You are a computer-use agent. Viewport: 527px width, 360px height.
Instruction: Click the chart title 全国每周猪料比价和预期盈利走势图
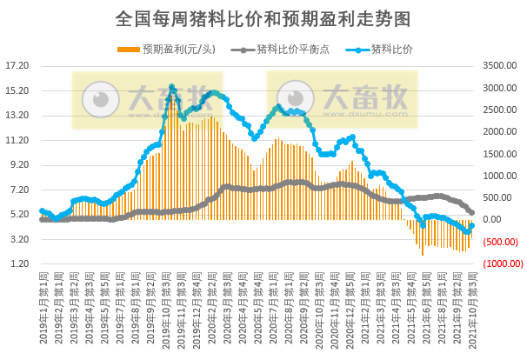(263, 17)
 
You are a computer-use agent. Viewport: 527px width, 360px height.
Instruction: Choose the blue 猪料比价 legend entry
(384, 49)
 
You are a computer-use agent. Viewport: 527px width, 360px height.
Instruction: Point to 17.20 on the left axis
(17, 65)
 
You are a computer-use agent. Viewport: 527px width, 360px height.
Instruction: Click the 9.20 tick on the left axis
(17, 164)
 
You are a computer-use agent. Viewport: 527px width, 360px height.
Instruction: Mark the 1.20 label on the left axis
(17, 263)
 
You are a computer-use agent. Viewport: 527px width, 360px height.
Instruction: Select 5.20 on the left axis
(17, 214)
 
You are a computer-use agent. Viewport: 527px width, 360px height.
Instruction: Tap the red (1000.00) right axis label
(503, 263)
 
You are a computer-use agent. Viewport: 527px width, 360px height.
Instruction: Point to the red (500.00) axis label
(503, 242)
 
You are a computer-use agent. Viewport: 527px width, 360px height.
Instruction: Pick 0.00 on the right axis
(497, 220)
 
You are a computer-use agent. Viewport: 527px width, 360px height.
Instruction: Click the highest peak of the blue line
(171, 87)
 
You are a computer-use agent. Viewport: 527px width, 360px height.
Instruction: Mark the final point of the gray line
(472, 212)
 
